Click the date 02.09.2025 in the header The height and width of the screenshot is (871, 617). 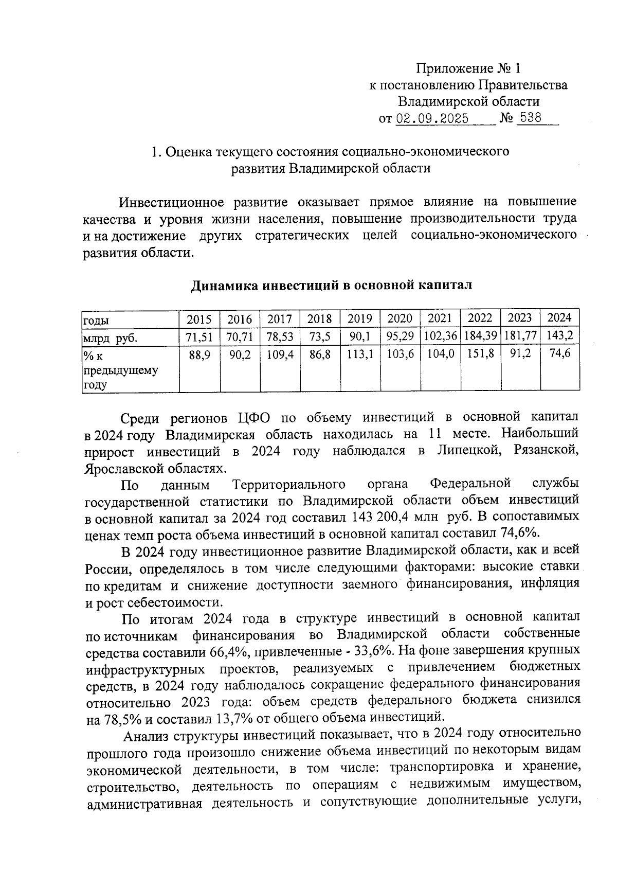[432, 119]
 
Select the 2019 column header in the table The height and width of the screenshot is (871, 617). [359, 319]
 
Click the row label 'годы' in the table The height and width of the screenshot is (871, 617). [96, 321]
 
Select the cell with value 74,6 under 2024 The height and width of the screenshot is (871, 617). [559, 354]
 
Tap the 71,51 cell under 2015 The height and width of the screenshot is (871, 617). [199, 337]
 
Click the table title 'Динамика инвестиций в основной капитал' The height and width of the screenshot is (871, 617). [331, 285]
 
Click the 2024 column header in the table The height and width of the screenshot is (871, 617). [559, 318]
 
